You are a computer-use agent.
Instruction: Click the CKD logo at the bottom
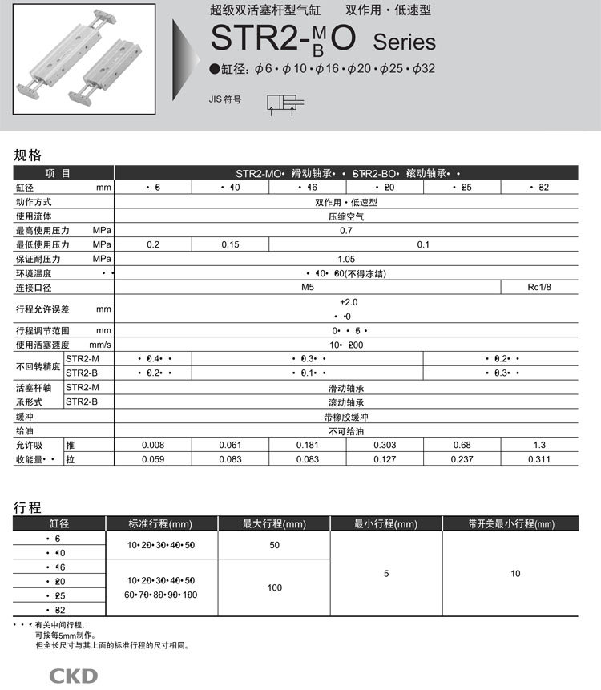(73, 675)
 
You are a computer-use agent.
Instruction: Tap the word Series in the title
(404, 42)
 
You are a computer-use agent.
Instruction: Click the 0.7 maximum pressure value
(346, 231)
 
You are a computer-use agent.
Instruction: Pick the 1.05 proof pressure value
(346, 260)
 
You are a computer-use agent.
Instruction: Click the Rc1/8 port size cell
(538, 288)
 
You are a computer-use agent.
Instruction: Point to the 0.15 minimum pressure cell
(231, 245)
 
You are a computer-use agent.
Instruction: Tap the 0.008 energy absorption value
(153, 445)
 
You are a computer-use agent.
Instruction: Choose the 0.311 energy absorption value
(538, 459)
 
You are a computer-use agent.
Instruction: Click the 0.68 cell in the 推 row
(462, 445)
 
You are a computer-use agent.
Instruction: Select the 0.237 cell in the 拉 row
(462, 459)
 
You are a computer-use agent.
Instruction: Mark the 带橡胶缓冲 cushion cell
(346, 417)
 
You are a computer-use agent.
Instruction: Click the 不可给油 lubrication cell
(346, 430)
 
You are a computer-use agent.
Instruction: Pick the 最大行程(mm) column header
(274, 524)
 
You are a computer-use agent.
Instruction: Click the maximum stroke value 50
(274, 545)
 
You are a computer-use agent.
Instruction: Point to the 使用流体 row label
(34, 216)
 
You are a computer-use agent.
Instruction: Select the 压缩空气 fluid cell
(346, 216)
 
